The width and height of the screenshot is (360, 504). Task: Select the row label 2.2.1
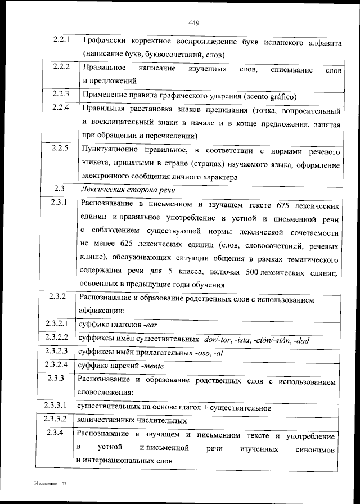point(60,41)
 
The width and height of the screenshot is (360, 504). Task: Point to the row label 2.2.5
point(60,148)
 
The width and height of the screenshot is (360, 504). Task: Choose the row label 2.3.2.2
point(56,338)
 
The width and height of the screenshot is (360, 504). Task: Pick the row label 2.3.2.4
point(56,364)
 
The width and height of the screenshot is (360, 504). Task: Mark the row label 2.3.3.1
point(56,405)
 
